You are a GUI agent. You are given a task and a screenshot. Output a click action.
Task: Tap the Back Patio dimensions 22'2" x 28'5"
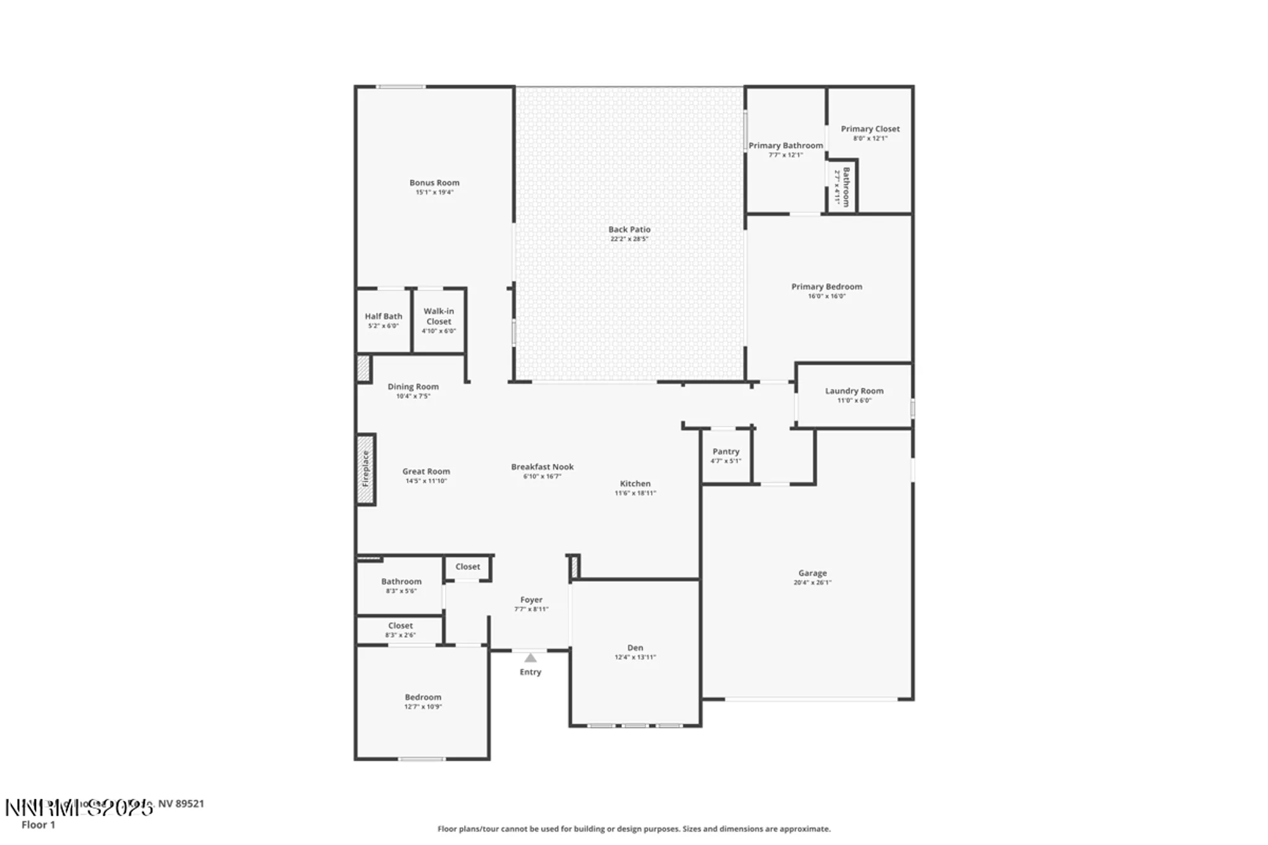(629, 239)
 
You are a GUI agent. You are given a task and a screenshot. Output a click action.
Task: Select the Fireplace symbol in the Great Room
(366, 469)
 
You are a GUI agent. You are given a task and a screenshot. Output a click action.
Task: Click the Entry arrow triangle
(531, 658)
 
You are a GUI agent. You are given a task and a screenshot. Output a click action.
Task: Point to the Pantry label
(726, 451)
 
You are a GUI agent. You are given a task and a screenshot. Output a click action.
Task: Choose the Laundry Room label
(854, 390)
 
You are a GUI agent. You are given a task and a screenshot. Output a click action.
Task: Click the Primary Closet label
(870, 129)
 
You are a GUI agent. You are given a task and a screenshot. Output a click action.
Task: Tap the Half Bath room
(383, 320)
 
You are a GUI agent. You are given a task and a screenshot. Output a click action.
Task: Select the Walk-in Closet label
(439, 316)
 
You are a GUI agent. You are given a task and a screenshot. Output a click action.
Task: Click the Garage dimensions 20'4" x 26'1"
(812, 583)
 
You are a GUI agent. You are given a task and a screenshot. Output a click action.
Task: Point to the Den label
(635, 647)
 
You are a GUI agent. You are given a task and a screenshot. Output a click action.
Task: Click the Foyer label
(531, 599)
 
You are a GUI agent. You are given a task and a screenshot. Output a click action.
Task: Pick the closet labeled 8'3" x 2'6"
(400, 630)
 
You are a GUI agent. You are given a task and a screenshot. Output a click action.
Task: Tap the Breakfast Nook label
(542, 467)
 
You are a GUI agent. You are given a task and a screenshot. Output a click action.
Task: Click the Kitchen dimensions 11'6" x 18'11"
(635, 493)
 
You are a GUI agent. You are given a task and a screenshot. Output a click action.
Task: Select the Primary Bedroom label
(826, 287)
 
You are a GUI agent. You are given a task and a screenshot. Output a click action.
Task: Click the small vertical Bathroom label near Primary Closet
(846, 187)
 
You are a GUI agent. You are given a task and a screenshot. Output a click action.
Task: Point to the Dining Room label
(413, 386)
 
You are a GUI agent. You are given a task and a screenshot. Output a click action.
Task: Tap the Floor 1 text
(38, 825)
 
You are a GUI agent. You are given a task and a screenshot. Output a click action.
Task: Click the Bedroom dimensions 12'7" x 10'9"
(423, 707)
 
